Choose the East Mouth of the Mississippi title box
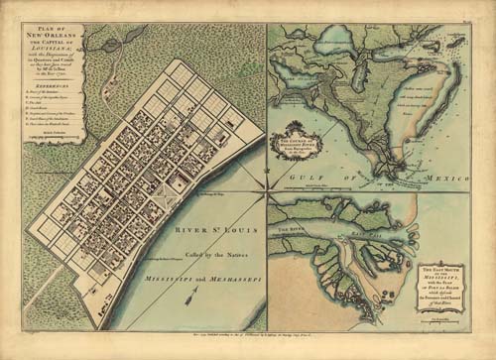tap(440, 284)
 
